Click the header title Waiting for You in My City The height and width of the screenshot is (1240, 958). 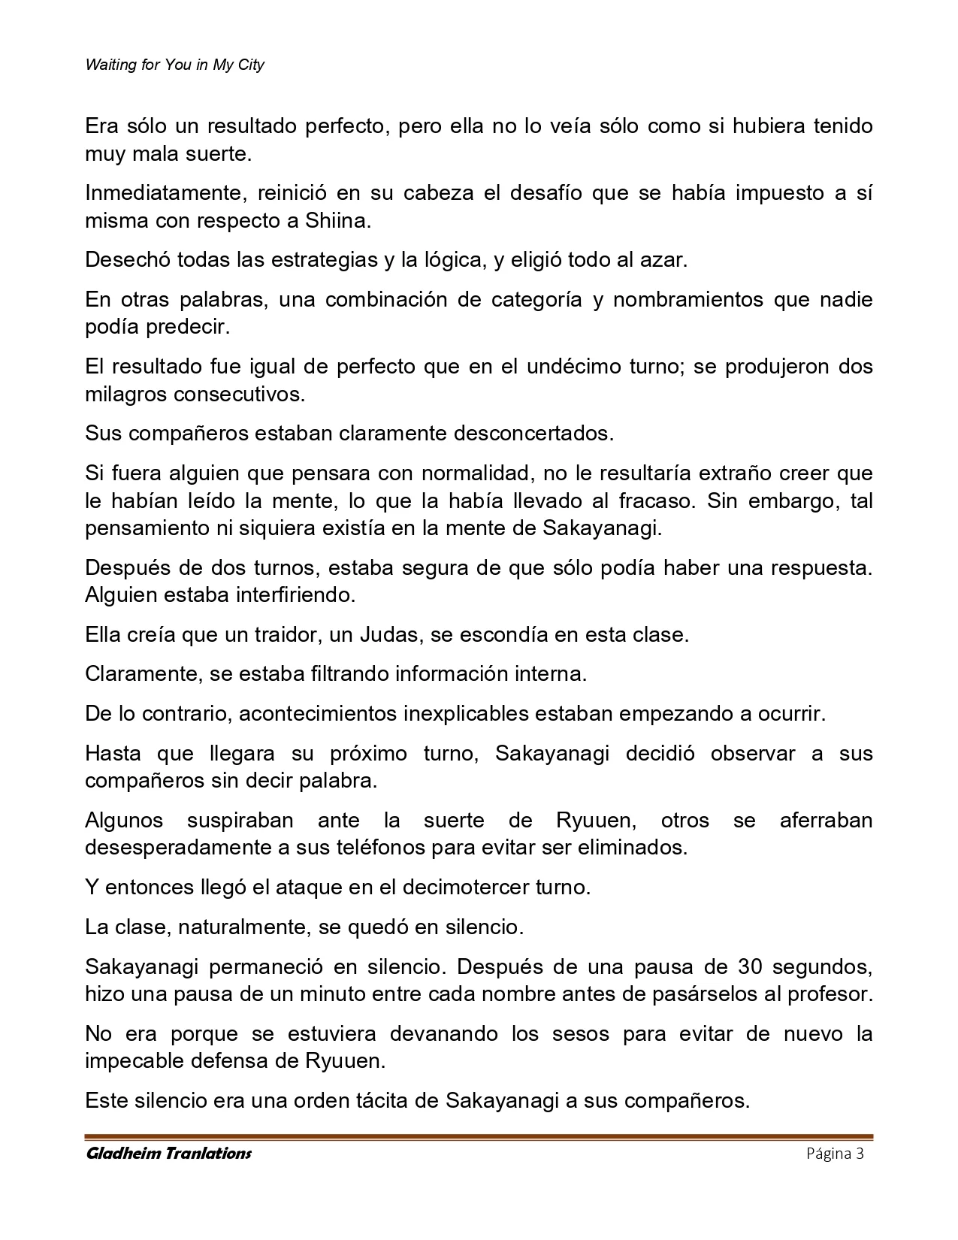[x=174, y=65]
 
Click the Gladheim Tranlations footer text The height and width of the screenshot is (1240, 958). [x=168, y=1153]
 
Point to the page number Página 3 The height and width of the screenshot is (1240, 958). [x=835, y=1154]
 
